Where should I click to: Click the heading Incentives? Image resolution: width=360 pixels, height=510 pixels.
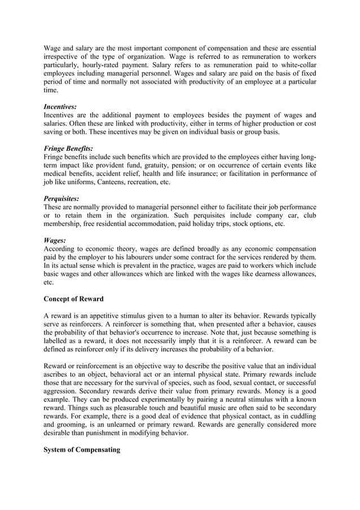[60, 106]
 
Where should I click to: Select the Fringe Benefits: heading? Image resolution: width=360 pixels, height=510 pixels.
[68, 149]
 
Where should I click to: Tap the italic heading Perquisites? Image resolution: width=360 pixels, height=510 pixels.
[61, 199]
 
